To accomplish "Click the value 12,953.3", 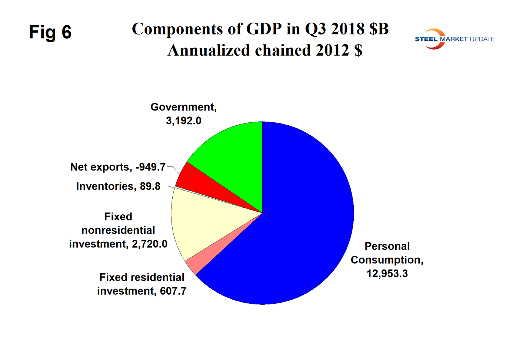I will [x=387, y=274].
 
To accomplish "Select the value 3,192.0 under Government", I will [x=183, y=121].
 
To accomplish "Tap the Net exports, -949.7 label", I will [x=118, y=167].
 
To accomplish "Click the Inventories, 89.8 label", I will [x=118, y=186].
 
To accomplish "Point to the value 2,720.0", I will [x=150, y=244].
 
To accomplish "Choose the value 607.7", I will [x=173, y=291].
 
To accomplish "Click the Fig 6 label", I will [x=50, y=32].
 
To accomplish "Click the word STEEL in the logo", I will [x=426, y=39].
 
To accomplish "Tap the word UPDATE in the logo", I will [x=482, y=39].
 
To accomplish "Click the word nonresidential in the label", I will [x=118, y=230].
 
